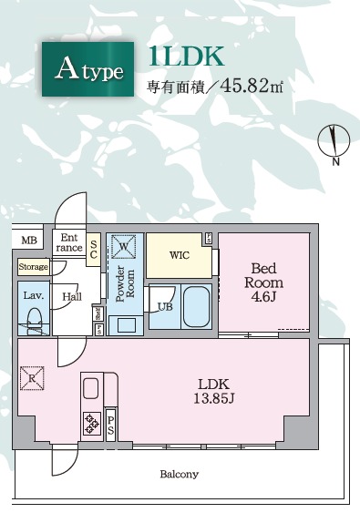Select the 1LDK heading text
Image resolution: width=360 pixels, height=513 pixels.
coord(186,56)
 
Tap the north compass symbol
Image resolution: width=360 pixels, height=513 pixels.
coord(334,140)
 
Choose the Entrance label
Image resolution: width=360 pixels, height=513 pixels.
coord(69,241)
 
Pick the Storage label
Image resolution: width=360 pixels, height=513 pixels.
coord(33,267)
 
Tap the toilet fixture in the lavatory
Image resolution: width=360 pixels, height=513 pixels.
coord(34,322)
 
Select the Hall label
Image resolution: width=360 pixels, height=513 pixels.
coord(71,296)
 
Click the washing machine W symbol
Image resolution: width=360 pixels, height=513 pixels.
coord(124,245)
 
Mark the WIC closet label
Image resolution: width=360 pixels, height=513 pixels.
coord(180,254)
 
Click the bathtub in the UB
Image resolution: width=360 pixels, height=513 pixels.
coord(197,308)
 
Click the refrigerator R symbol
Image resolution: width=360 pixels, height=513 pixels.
coord(33,376)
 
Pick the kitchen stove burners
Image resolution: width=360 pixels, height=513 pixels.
coord(93,423)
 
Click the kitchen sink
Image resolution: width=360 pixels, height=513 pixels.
coord(92,389)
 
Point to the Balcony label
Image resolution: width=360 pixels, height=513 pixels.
coord(179,474)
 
